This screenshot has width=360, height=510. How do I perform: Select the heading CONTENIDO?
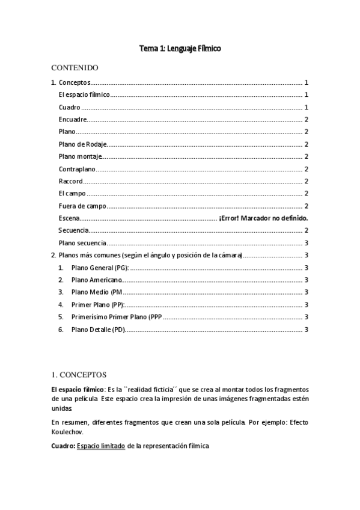pos(75,67)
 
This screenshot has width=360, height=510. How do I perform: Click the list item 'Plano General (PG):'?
pos(100,268)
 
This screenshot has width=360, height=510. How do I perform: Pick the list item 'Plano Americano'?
pos(96,280)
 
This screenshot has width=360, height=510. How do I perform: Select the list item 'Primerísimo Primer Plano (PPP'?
pos(117,317)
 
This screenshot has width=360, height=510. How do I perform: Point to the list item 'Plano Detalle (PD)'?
pos(99,330)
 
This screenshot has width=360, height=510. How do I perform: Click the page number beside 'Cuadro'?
pos(307,107)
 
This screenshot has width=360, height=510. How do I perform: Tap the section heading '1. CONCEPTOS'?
pos(80,374)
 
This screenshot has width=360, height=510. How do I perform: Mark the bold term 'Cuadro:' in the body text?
pos(64,446)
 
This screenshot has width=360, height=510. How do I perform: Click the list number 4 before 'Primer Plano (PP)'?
pos(61,305)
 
